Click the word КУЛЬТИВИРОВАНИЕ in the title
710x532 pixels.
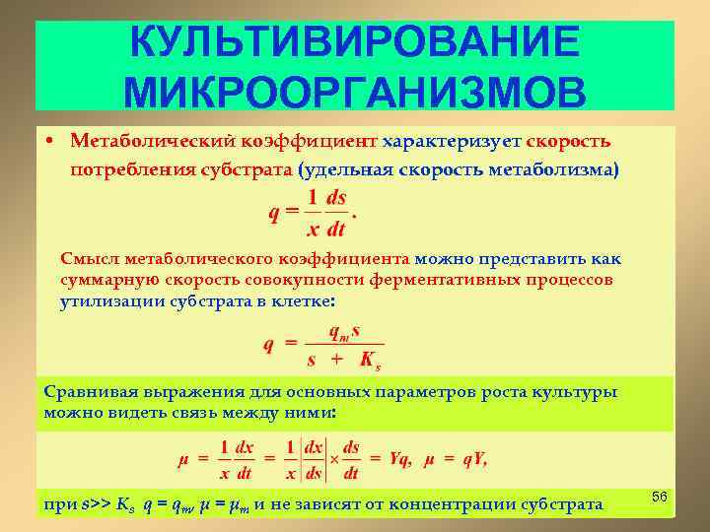coord(355,42)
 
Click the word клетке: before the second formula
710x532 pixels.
coord(302,299)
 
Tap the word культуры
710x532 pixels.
coord(582,392)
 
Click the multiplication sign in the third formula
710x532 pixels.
coord(333,459)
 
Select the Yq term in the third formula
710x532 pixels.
coord(399,459)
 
